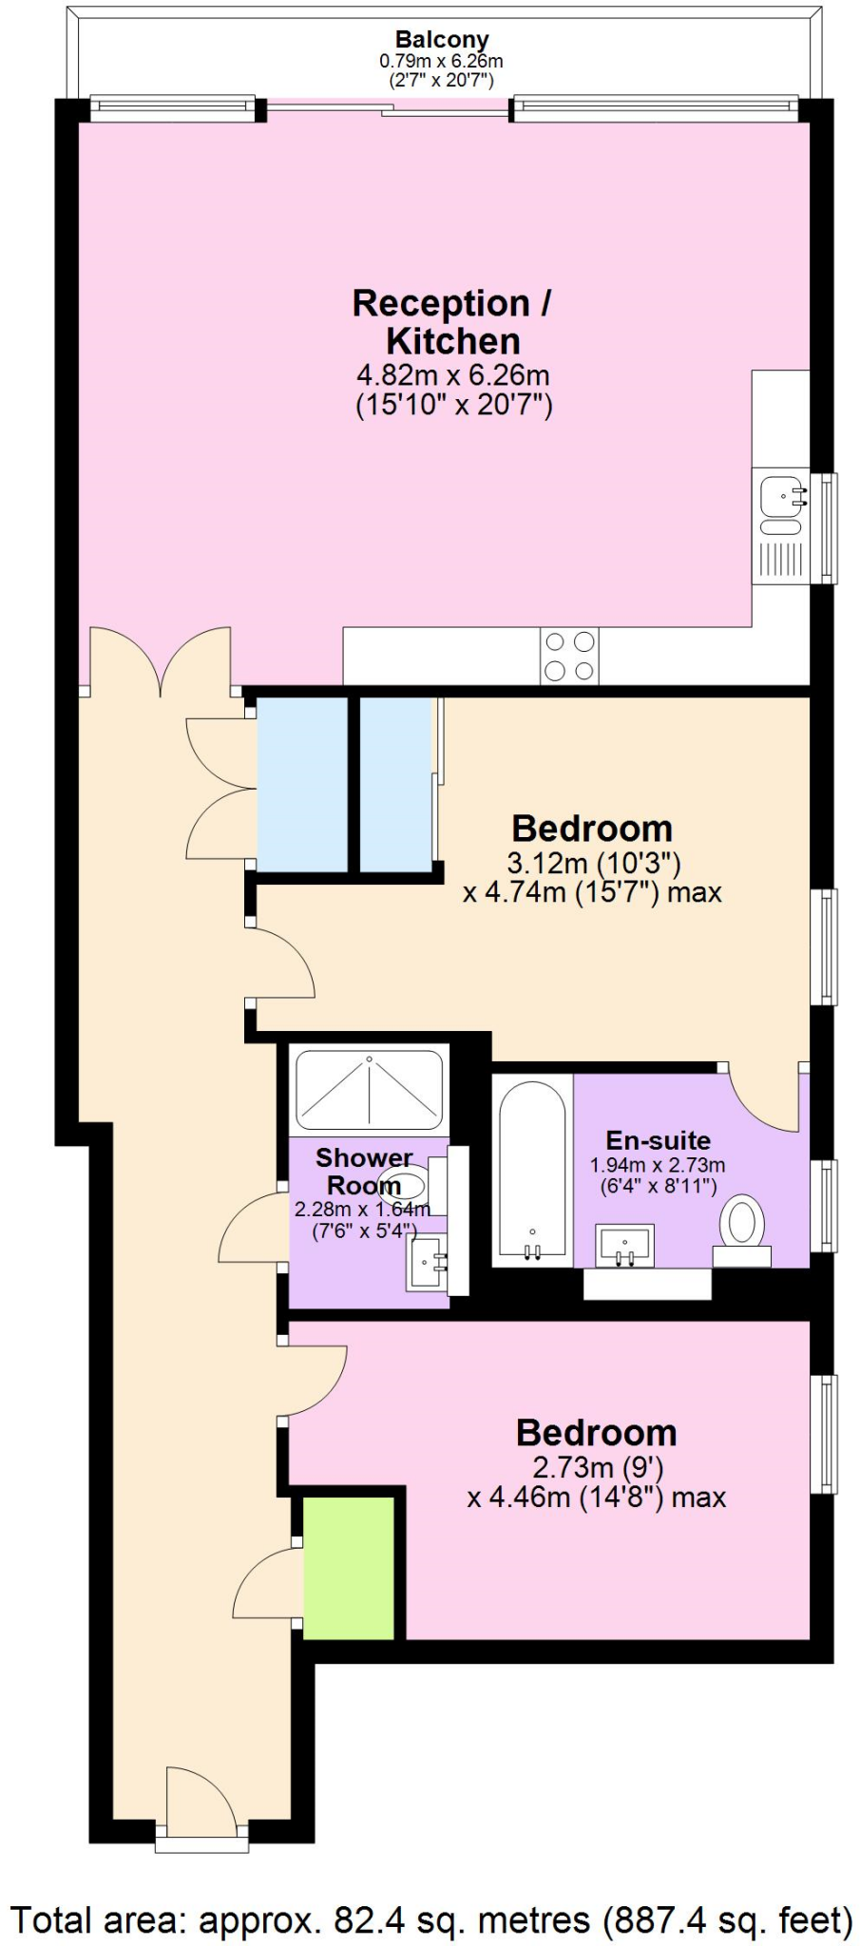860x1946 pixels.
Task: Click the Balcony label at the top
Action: point(442,40)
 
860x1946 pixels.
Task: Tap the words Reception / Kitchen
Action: point(452,322)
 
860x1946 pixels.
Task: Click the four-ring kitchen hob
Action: point(569,656)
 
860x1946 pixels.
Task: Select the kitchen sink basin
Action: point(782,495)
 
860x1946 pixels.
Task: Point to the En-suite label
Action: point(658,1140)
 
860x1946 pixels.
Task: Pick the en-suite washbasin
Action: point(625,1246)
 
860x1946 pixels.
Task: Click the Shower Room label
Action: point(363,1172)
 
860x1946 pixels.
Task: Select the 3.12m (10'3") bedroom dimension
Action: point(594,863)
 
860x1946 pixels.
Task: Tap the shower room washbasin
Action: point(428,1263)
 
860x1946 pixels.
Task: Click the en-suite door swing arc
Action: point(765,1102)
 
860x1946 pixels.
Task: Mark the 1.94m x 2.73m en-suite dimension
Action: point(658,1165)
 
